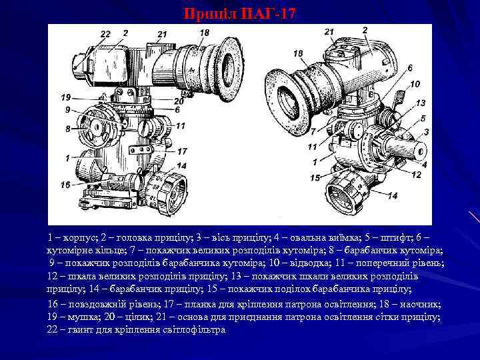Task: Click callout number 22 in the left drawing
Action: point(105,34)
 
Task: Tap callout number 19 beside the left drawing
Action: point(65,97)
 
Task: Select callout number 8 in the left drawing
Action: point(67,129)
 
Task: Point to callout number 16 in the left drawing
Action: point(65,184)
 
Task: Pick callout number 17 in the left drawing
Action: point(181,152)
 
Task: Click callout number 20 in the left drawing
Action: point(178,101)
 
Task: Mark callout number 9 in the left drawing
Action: point(67,109)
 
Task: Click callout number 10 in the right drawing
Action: point(415,85)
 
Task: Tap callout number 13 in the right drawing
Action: point(420,103)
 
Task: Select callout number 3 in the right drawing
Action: point(426,132)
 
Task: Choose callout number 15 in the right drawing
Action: point(315,178)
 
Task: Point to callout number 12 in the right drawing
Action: point(416,175)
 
